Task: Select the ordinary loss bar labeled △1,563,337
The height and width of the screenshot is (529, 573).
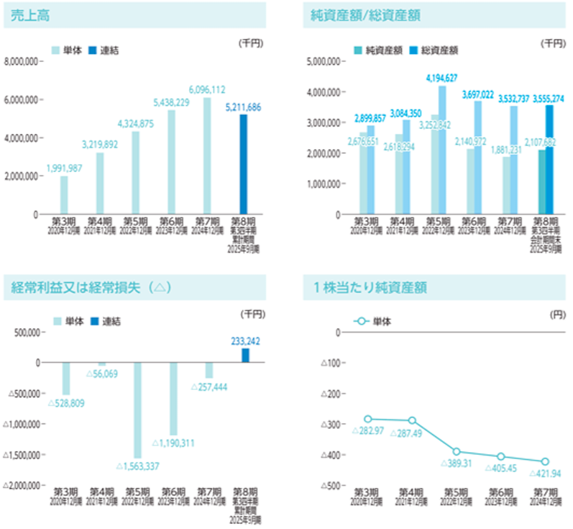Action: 137,410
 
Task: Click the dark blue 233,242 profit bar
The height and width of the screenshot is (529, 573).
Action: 246,355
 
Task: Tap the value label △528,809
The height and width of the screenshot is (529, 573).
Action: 66,402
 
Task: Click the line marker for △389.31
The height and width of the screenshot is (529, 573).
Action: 457,451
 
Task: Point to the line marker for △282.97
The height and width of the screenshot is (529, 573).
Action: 368,419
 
